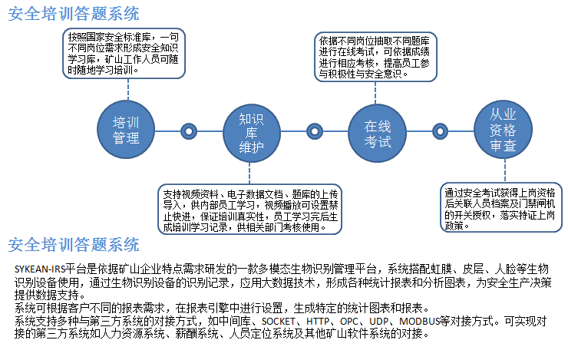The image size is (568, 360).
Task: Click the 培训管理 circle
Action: [x=126, y=130]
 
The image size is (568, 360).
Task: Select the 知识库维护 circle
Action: [x=251, y=130]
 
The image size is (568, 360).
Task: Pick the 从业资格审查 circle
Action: [x=503, y=129]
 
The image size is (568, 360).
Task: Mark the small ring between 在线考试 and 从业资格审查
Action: [x=440, y=130]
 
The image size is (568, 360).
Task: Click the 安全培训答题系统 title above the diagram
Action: [x=74, y=13]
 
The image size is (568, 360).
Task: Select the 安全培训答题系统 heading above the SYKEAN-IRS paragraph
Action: [x=74, y=244]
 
